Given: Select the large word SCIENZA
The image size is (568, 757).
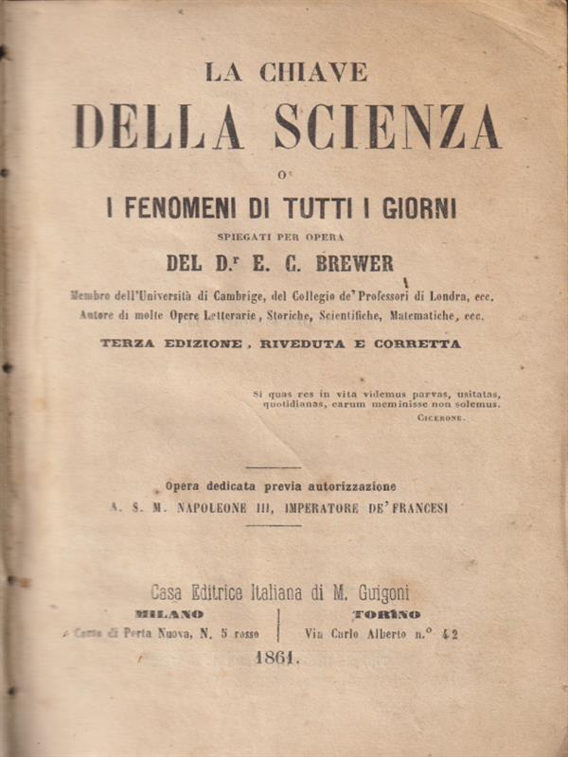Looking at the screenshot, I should point(387,127).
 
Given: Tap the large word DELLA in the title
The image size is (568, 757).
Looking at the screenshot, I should point(158,127).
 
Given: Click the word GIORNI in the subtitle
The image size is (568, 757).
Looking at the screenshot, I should point(412,208).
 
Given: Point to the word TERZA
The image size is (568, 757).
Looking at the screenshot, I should point(130,344).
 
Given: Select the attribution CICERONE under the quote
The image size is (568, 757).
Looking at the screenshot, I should point(441,417).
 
